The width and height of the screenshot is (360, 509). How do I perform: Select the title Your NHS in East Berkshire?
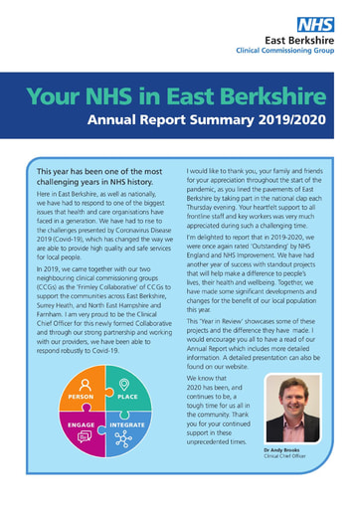[x=175, y=96]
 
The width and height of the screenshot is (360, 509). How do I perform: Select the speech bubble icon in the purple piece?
[x=82, y=435]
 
